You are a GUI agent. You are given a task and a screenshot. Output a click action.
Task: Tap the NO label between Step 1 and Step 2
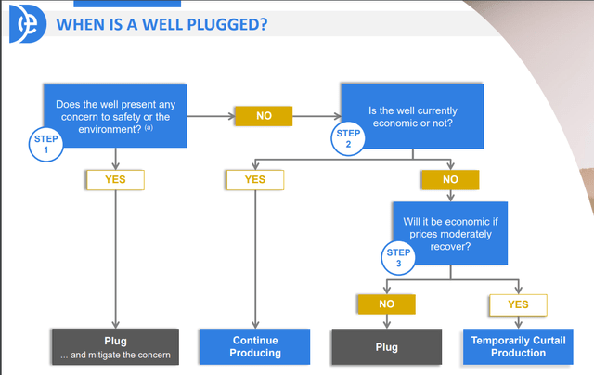(x=263, y=116)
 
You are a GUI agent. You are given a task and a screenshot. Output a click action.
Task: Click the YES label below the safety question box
(x=114, y=179)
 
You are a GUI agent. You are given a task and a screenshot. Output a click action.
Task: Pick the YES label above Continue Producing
(x=253, y=179)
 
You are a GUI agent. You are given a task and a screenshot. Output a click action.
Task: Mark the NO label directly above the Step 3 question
(x=449, y=179)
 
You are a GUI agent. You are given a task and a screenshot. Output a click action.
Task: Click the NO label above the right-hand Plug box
(x=386, y=304)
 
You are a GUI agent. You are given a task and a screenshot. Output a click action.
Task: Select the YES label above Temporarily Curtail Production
(x=518, y=304)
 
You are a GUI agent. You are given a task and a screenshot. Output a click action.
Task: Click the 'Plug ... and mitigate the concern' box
(x=114, y=347)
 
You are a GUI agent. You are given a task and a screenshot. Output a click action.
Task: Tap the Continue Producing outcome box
(x=253, y=347)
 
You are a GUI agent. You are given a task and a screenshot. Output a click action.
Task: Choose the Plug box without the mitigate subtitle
(x=386, y=347)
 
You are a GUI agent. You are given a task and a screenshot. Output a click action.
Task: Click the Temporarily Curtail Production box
(x=518, y=347)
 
